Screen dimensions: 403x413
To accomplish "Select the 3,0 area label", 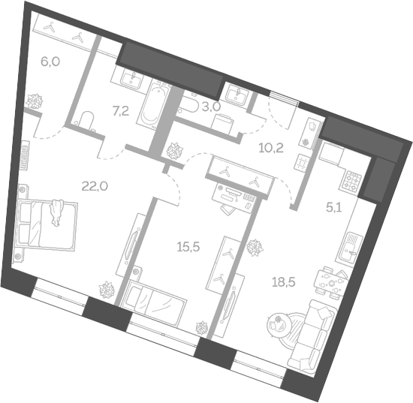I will (x=210, y=107).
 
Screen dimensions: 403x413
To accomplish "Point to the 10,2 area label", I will (x=270, y=147).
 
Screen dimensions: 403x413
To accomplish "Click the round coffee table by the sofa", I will (x=279, y=324).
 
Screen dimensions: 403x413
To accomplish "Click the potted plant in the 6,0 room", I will (x=35, y=101).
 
